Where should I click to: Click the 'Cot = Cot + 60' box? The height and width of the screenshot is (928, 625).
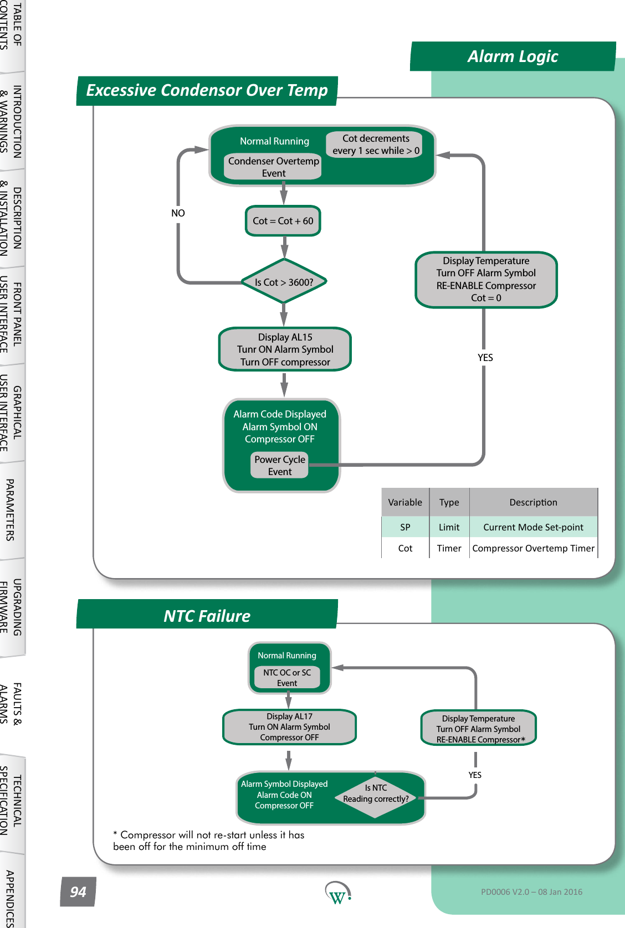[283, 221]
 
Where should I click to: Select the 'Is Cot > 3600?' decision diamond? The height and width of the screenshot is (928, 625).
[284, 281]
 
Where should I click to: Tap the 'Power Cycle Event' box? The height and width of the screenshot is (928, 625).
[280, 465]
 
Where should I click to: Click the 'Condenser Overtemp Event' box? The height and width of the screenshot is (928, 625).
[274, 167]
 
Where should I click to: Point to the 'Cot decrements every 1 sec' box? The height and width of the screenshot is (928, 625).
[376, 144]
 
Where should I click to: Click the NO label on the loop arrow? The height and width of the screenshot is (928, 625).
[178, 213]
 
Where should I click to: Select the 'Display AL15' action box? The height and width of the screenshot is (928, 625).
[285, 349]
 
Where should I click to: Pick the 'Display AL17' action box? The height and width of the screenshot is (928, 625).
[289, 726]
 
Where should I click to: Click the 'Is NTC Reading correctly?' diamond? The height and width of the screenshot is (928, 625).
[376, 794]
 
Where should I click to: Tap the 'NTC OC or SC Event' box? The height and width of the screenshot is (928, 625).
[287, 677]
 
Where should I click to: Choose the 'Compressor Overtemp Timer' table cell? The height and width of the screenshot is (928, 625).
[534, 548]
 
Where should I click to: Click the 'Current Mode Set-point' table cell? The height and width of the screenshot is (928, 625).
[534, 527]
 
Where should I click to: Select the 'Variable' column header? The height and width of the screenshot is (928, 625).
[405, 502]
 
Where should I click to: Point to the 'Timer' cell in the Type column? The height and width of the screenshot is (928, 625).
[449, 548]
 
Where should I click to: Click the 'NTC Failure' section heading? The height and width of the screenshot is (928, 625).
[207, 616]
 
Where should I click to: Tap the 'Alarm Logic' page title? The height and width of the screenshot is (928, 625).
[513, 56]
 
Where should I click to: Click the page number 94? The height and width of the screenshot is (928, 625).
[78, 891]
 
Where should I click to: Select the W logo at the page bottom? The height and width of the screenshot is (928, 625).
[338, 893]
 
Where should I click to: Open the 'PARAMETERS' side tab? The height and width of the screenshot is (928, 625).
[11, 509]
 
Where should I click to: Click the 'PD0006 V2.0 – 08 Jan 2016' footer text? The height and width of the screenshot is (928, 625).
[531, 891]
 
